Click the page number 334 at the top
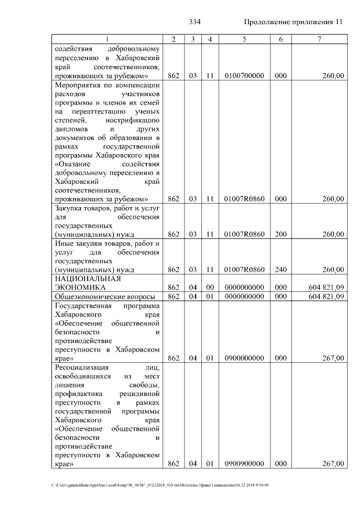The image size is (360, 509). click(x=195, y=22)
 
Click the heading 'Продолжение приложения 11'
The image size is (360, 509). click(x=293, y=22)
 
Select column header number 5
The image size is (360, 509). click(x=244, y=39)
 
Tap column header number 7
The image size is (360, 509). click(x=319, y=39)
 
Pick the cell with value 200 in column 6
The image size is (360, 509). click(x=280, y=234)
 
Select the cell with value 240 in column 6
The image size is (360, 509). click(x=280, y=269)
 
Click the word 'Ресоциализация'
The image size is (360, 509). click(x=81, y=367)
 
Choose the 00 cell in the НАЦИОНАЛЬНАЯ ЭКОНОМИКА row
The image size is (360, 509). click(x=209, y=287)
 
